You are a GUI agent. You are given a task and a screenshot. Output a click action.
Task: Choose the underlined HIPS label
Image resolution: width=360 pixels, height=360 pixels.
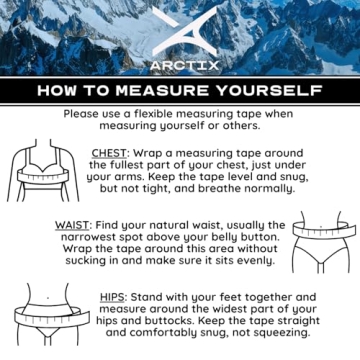113,297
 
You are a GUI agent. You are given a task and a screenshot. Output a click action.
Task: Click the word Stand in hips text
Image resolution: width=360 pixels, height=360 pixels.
150,297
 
